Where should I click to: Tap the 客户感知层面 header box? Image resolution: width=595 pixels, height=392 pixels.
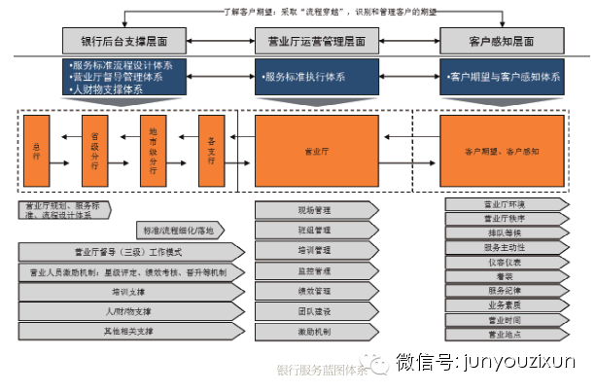point(501,42)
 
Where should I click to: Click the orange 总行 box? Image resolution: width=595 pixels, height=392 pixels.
point(36,151)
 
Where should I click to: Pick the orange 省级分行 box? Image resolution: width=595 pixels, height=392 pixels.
point(94,151)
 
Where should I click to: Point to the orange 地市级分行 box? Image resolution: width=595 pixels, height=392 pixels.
point(153,151)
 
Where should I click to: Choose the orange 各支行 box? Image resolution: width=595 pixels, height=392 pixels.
point(211,151)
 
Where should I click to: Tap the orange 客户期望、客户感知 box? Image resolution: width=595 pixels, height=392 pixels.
point(502,151)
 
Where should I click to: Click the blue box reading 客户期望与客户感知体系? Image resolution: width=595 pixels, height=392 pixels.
point(502,76)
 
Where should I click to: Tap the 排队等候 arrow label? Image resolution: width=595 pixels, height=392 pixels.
point(505,232)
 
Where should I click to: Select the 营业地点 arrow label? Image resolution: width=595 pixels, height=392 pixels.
point(505,334)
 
